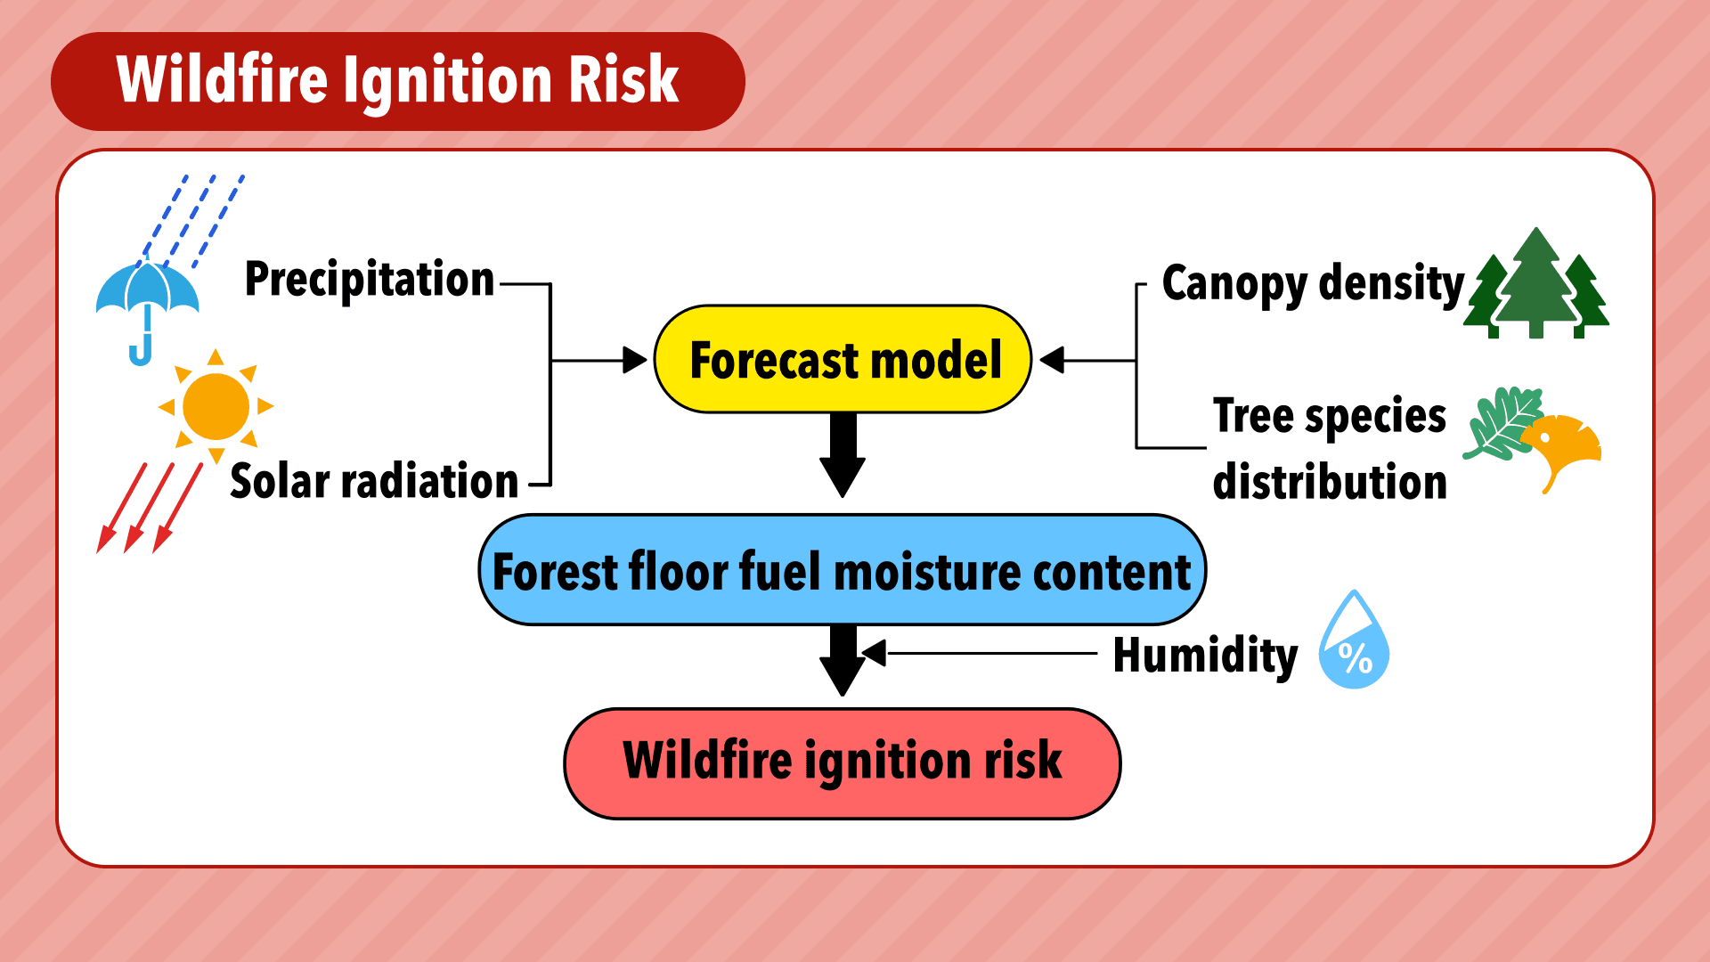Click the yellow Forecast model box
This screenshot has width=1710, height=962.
(x=843, y=359)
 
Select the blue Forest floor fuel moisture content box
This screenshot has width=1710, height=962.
(x=843, y=570)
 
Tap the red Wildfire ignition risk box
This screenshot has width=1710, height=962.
(x=843, y=763)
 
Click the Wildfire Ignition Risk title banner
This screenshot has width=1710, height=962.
(x=398, y=81)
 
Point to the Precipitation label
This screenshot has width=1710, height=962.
(x=369, y=280)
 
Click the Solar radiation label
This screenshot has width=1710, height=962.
(x=374, y=481)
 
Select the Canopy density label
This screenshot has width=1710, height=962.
(x=1313, y=285)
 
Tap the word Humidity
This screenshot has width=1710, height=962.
(x=1205, y=656)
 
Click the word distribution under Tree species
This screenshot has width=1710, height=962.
(x=1330, y=482)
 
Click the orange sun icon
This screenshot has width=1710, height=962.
(x=216, y=406)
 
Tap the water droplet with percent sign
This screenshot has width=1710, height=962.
(x=1354, y=640)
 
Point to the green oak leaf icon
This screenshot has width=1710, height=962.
(x=1503, y=423)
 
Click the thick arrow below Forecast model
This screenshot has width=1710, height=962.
(x=843, y=454)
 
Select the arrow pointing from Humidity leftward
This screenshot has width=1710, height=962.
(x=980, y=653)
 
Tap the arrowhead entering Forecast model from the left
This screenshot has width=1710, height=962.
(x=635, y=360)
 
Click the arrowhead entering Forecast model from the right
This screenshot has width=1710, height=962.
(x=1052, y=360)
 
